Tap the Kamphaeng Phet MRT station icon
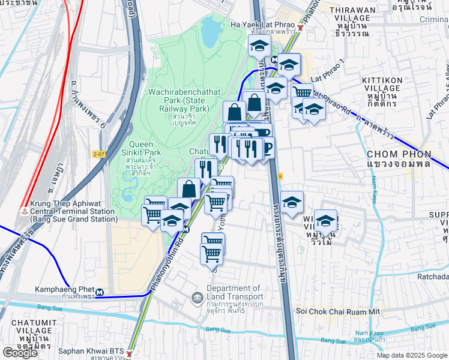[x=101, y=293]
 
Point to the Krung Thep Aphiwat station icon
[x=23, y=211]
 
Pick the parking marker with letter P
[x=266, y=146]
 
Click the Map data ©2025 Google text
[x=412, y=355]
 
